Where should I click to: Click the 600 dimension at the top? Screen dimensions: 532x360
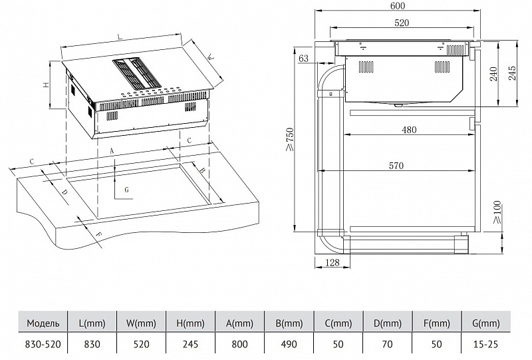(398, 6)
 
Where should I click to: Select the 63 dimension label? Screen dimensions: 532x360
(303, 59)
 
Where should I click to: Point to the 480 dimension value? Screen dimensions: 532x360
(409, 130)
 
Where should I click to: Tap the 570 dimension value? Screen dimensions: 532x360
(396, 166)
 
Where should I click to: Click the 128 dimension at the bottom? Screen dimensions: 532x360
(332, 262)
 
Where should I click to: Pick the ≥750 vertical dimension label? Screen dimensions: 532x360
(289, 140)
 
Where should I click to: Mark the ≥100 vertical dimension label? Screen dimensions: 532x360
(497, 212)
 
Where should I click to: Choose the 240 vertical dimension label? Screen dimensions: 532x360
(493, 74)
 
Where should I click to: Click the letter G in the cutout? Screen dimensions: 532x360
(126, 190)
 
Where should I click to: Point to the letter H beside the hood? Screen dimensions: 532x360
(47, 85)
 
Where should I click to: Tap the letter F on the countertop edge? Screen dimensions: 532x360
(98, 234)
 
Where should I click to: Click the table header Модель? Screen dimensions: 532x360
(43, 323)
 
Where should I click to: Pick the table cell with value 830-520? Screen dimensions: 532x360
(43, 345)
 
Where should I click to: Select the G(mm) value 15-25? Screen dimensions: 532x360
(485, 345)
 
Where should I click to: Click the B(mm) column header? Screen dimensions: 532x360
(289, 323)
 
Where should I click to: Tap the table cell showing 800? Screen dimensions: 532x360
(239, 345)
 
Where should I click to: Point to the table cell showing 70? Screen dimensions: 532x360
(387, 345)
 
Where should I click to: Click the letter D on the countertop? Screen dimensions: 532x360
(64, 192)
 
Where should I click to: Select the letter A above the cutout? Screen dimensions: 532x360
(112, 151)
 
